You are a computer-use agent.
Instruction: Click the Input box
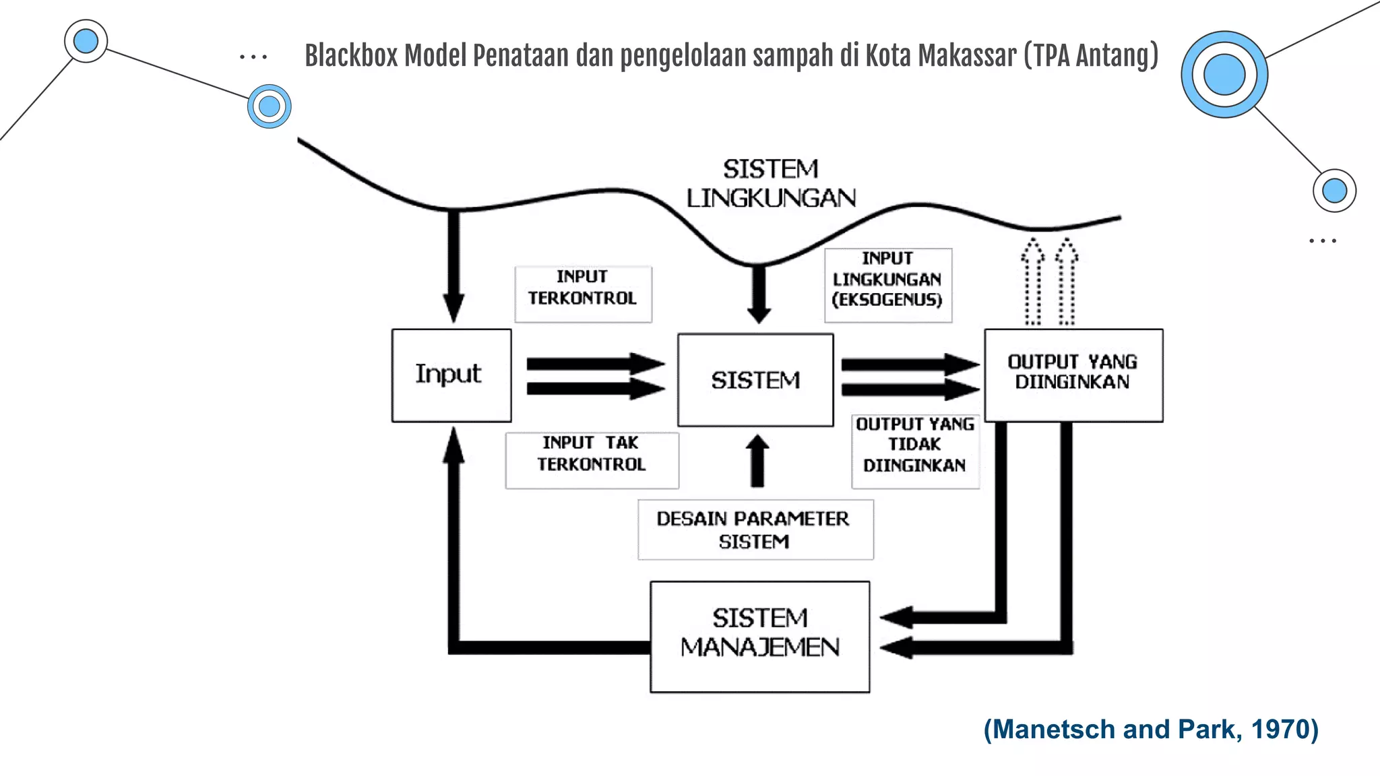(451, 375)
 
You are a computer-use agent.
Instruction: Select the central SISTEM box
(755, 381)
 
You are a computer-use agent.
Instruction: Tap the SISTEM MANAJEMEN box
(759, 637)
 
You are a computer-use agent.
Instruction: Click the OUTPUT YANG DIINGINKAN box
(1073, 375)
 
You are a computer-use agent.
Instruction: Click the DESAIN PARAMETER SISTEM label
(755, 529)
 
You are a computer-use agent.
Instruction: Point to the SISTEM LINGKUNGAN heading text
(771, 183)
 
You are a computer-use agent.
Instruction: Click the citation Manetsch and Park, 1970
(1151, 730)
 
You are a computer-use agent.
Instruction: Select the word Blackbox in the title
(352, 56)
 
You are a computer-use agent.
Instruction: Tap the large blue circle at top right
(1224, 74)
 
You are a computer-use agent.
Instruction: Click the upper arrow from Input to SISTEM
(595, 364)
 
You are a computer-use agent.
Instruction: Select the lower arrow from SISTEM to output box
(910, 389)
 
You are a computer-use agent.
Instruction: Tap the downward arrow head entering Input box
(453, 307)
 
